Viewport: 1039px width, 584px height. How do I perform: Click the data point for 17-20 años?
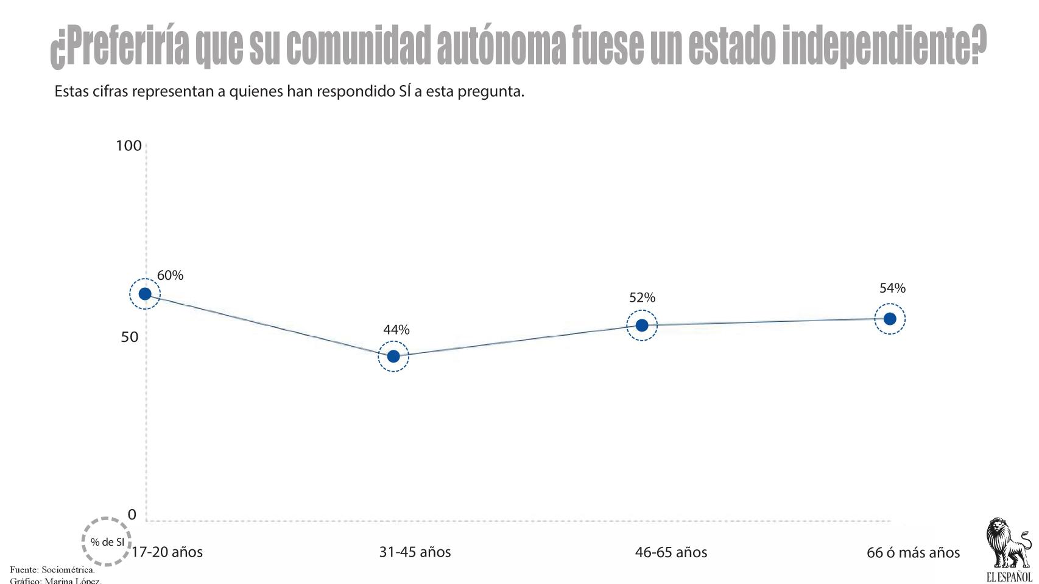tap(145, 294)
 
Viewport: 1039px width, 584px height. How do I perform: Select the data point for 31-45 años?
tap(393, 356)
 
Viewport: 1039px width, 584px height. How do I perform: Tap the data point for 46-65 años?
tap(642, 325)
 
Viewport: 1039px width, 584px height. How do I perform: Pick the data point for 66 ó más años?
tap(890, 319)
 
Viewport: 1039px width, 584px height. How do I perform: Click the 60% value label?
tap(170, 276)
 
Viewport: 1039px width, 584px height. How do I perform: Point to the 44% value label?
tap(396, 330)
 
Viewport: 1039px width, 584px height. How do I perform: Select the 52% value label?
tap(643, 297)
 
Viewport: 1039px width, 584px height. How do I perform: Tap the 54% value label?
tap(893, 288)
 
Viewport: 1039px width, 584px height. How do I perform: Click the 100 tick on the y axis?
tap(129, 146)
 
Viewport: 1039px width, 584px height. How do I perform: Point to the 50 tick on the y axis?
tap(130, 337)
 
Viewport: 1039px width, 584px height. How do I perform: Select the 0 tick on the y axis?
tap(132, 515)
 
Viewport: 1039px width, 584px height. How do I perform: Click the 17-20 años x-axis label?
tap(167, 552)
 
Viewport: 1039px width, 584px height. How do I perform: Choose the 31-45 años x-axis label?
tap(415, 552)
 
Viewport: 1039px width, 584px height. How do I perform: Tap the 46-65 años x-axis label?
tap(671, 552)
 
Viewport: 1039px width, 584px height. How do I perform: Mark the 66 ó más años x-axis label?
tap(913, 553)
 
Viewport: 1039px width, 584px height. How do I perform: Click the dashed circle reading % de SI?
tap(107, 542)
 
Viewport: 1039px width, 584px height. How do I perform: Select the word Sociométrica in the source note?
tap(68, 570)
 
